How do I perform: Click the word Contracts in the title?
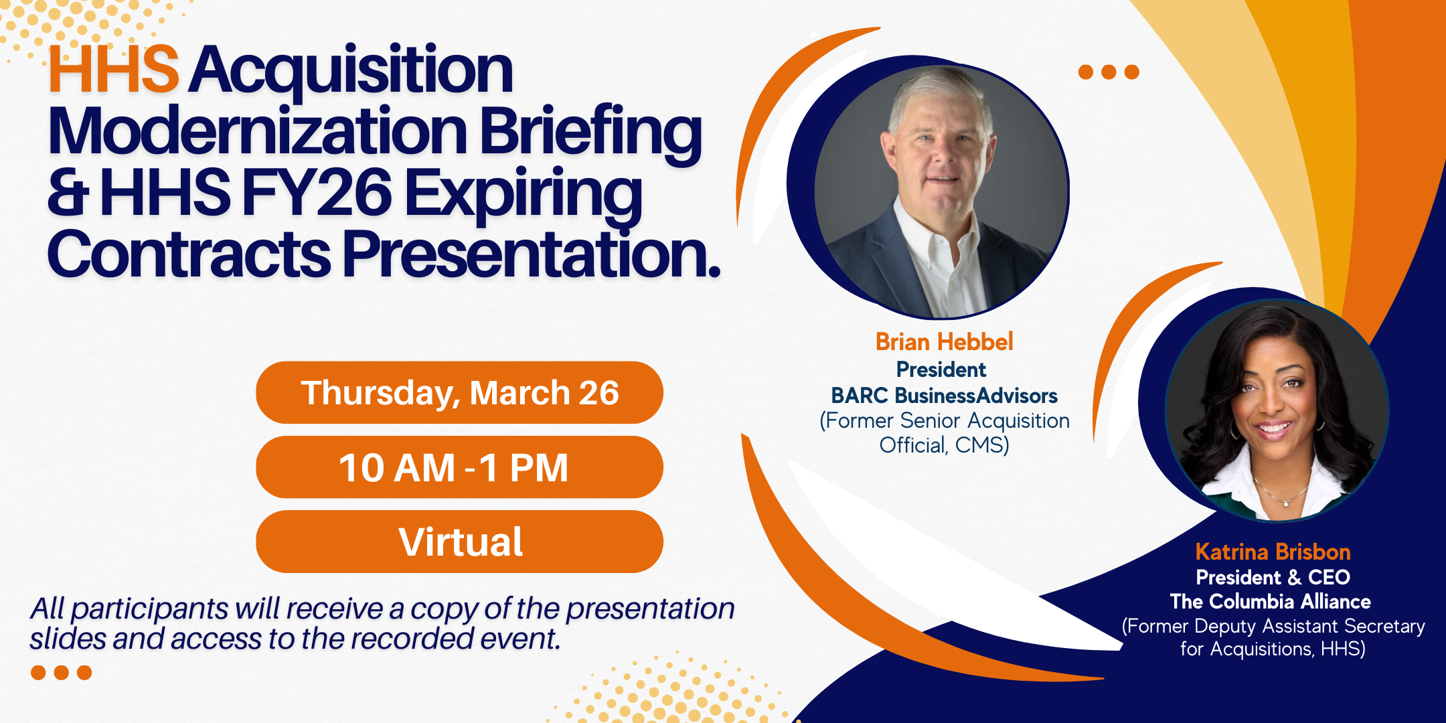click(x=189, y=254)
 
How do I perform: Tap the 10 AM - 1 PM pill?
click(x=459, y=467)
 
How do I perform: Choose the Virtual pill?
click(x=459, y=542)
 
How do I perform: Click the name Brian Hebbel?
click(x=944, y=342)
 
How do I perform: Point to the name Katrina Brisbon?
click(x=1273, y=552)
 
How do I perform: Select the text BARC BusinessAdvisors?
click(x=944, y=396)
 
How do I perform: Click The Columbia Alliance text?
click(x=1270, y=601)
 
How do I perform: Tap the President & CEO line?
click(x=1273, y=577)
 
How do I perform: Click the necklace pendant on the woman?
click(x=1285, y=501)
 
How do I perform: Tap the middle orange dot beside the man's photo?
click(x=1109, y=72)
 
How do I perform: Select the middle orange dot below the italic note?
click(x=61, y=672)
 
